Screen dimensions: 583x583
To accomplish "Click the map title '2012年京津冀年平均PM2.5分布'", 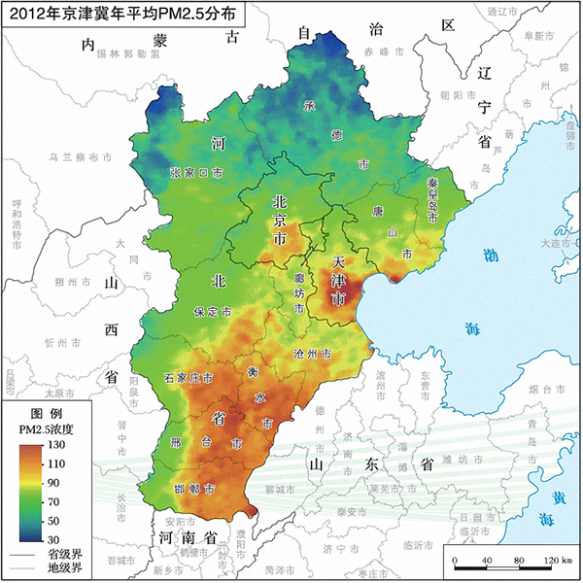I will (122, 15).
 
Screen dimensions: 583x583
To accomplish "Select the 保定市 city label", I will (211, 314).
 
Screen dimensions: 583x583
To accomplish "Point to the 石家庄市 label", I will (189, 377).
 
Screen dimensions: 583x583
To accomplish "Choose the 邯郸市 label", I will (194, 489).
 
